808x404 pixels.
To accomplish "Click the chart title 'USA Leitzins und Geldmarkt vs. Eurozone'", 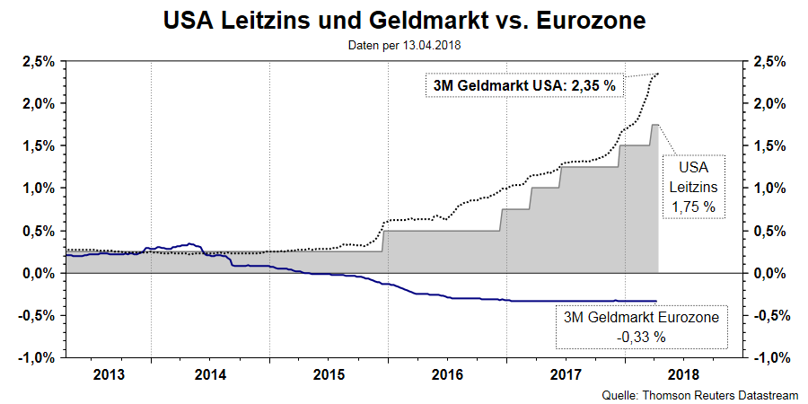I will [x=404, y=20].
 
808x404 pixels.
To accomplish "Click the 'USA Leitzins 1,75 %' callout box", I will [x=693, y=187].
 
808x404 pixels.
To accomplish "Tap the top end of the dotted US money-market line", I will [x=658, y=74].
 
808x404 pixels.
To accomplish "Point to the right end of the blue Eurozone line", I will [x=657, y=301].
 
